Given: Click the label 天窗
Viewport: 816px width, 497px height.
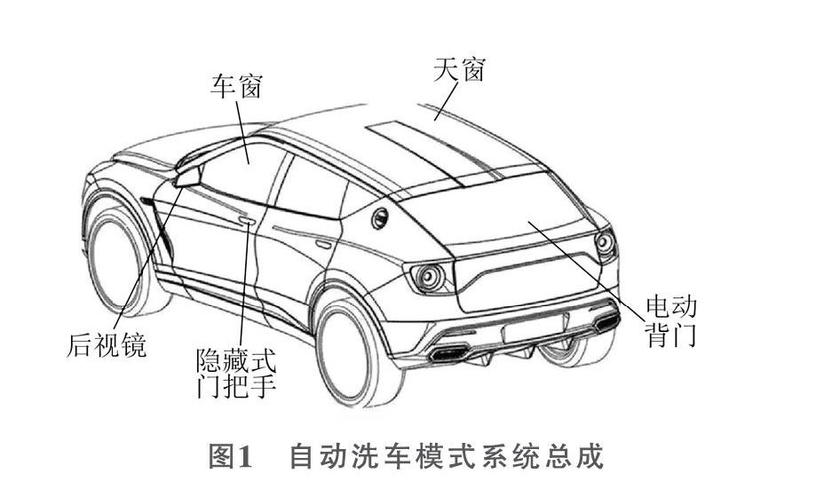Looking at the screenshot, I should pos(460,69).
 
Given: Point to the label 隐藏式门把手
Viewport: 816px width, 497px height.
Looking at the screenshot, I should pos(234,375).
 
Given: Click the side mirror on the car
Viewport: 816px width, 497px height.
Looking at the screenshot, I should pos(189,175).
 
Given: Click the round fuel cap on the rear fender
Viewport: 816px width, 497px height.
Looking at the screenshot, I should pos(379,217).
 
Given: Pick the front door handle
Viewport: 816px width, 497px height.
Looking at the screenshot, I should pos(246,220).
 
